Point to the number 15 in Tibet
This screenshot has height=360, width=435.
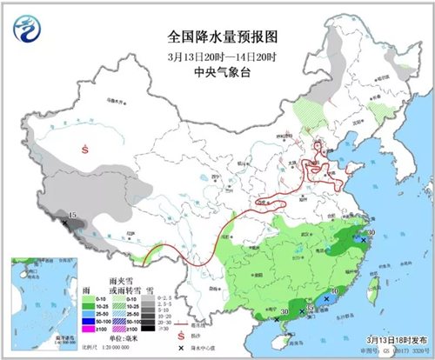click(73, 215)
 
